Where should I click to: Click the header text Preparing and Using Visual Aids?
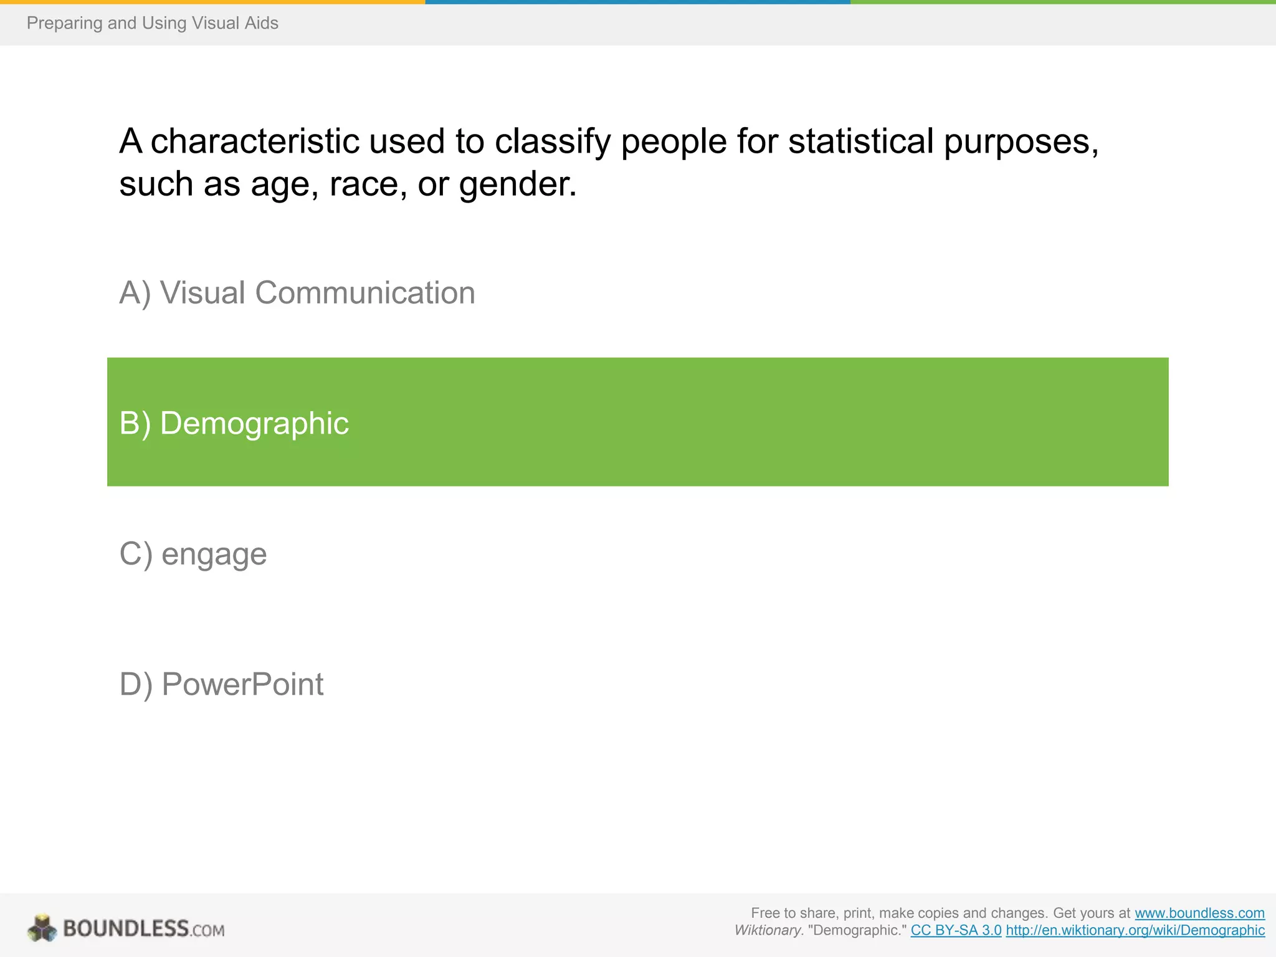152,23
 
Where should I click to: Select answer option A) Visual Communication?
297,293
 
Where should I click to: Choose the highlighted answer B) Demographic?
234,423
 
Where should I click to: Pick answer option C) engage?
193,554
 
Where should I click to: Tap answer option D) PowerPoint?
221,684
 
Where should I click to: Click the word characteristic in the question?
255,141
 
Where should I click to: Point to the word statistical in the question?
860,141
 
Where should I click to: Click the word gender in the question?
517,185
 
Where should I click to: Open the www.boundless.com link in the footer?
1199,913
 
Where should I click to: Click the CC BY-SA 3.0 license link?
956,931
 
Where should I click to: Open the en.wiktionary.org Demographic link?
1135,931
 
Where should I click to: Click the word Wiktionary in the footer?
768,931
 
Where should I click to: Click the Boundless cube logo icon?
42,928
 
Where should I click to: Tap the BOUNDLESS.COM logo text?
143,929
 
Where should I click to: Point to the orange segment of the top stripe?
212,2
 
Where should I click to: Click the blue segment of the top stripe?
637,2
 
